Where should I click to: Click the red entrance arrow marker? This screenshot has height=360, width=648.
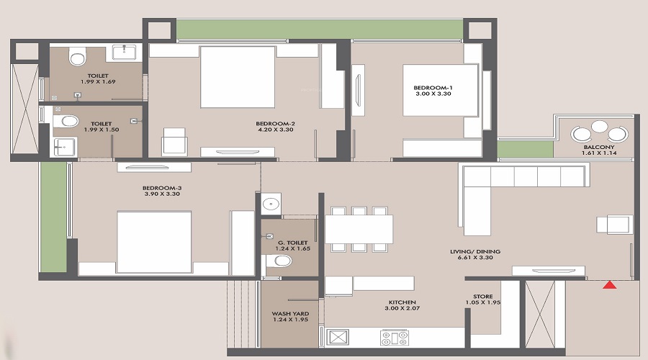coord(610,284)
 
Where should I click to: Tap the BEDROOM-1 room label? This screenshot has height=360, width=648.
coord(433,88)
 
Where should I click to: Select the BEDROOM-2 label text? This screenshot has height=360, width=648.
coord(275,124)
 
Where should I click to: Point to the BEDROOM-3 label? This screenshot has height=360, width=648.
coord(162,188)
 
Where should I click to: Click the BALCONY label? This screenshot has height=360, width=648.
coord(599,147)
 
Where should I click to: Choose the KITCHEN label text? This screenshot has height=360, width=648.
coord(402,302)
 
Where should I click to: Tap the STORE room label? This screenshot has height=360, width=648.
coord(482,297)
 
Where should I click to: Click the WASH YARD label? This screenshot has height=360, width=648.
coord(290,314)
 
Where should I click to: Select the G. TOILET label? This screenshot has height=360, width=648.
coord(292,243)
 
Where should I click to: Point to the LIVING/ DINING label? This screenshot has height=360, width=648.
coord(475,251)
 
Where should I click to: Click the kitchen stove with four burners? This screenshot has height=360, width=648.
coord(395,338)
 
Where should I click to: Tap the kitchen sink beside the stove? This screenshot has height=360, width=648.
coord(338,337)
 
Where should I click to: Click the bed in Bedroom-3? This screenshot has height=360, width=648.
coord(154,242)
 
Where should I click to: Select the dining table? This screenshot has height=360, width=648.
coord(359,229)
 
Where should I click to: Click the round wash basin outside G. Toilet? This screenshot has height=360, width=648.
coord(271,204)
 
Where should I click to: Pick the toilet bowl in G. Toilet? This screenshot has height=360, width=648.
coord(279,261)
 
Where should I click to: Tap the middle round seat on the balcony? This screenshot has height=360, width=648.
coord(599,126)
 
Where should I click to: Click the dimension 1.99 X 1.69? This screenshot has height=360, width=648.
coord(98,82)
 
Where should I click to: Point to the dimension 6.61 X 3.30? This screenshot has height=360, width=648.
coord(475,258)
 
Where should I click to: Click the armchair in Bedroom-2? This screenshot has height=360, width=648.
coord(174,141)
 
